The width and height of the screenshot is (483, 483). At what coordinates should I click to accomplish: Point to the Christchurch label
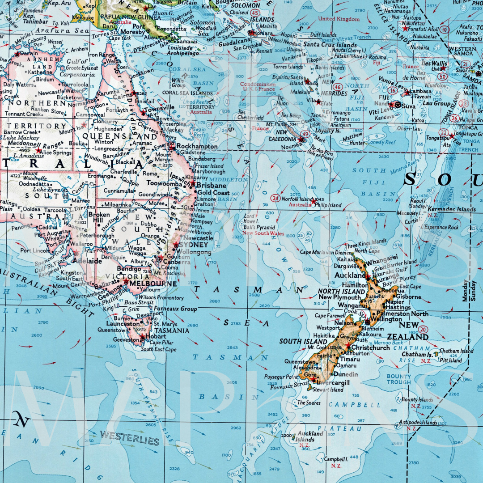(x=371, y=347)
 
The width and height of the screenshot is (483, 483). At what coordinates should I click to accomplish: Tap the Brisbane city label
(x=212, y=185)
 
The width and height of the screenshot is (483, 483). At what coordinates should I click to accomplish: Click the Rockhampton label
(x=197, y=146)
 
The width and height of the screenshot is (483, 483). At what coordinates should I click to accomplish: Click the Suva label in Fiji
(x=409, y=106)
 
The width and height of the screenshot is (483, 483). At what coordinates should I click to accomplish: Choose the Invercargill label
(x=333, y=383)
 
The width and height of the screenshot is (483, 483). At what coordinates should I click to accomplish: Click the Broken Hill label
(x=99, y=217)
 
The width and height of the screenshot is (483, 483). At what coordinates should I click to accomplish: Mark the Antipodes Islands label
(x=418, y=422)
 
